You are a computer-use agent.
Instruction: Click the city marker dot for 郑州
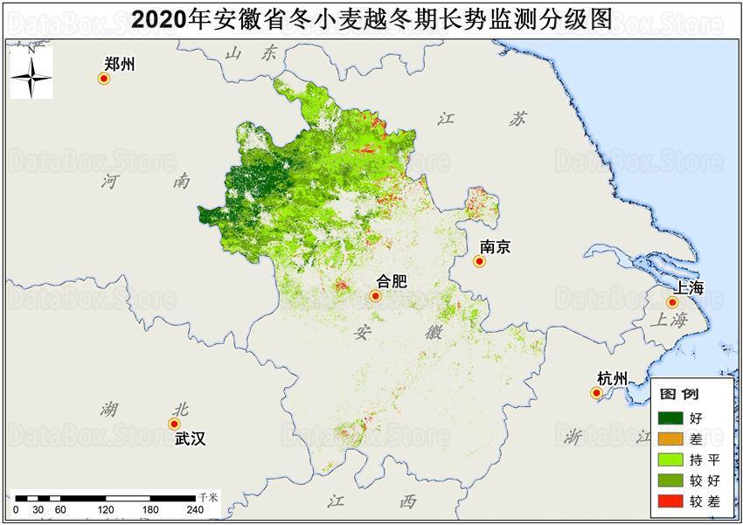click(103, 79)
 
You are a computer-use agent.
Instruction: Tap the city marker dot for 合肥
click(375, 296)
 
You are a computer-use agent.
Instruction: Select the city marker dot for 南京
click(479, 261)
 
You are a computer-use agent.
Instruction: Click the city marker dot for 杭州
click(597, 393)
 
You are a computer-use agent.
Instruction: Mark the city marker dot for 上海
click(672, 302)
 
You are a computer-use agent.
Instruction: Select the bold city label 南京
click(495, 246)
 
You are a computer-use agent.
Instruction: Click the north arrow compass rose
click(31, 73)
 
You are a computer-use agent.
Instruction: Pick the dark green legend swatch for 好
click(671, 418)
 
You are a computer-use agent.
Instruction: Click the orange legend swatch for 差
click(671, 439)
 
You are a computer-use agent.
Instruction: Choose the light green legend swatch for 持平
click(671, 459)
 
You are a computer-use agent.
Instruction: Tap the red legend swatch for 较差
click(671, 501)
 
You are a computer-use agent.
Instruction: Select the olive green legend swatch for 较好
click(671, 480)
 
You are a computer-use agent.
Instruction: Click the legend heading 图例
click(678, 395)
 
